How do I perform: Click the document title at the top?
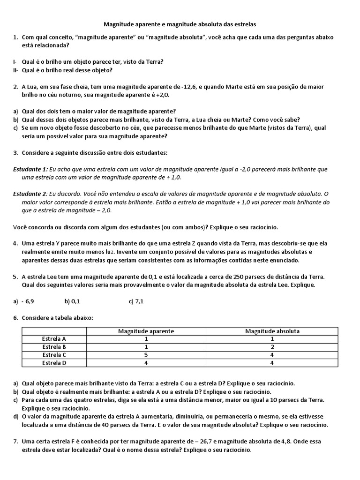coord(180,23)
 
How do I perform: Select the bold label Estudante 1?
coord(30,169)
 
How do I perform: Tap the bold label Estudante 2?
coord(30,194)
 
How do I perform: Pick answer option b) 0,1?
coord(72,301)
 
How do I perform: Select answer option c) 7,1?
coord(136,301)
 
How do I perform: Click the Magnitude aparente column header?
coord(146,331)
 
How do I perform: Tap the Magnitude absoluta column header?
coord(272,331)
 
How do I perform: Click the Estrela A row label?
coord(54,338)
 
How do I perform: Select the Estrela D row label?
coord(54,362)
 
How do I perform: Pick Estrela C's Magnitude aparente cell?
coord(146,355)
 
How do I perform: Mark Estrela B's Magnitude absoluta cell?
coord(272,347)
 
